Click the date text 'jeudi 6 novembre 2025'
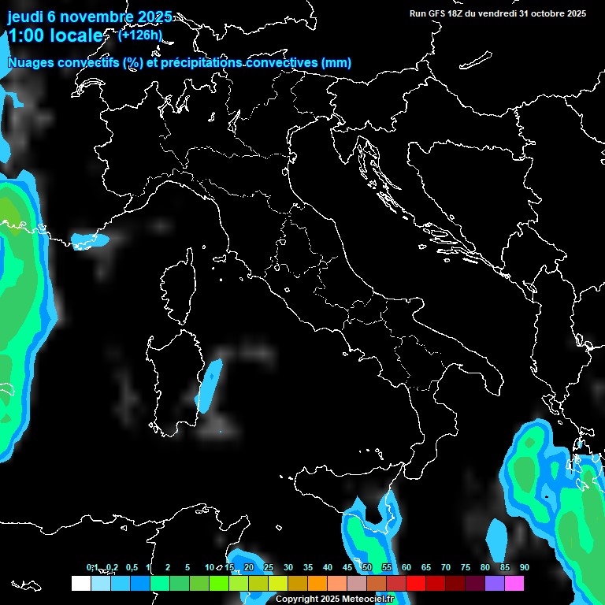pyautogui.click(x=90, y=17)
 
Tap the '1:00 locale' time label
pyautogui.click(x=55, y=35)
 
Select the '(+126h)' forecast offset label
pyautogui.click(x=139, y=35)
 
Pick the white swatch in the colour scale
pyautogui.click(x=80, y=584)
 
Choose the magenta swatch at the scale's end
pyautogui.click(x=514, y=584)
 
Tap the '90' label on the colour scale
pyautogui.click(x=524, y=568)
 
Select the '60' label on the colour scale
pyautogui.click(x=406, y=568)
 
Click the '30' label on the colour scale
pyautogui.click(x=288, y=568)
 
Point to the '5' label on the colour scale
pyautogui.click(x=187, y=568)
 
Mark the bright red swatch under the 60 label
pyautogui.click(x=416, y=584)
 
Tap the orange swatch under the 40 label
pyautogui.click(x=317, y=584)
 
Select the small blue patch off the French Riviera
pyautogui.click(x=88, y=239)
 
